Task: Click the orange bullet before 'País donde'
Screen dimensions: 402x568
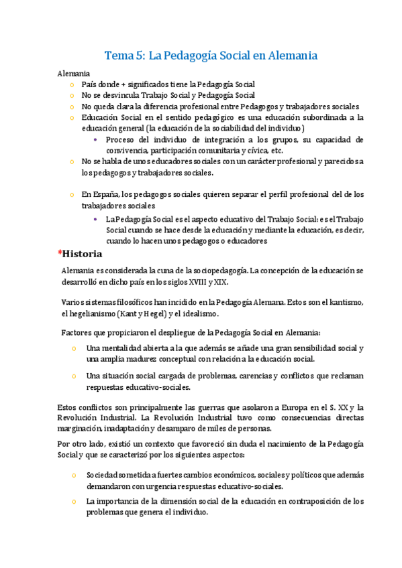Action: pos(72,85)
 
